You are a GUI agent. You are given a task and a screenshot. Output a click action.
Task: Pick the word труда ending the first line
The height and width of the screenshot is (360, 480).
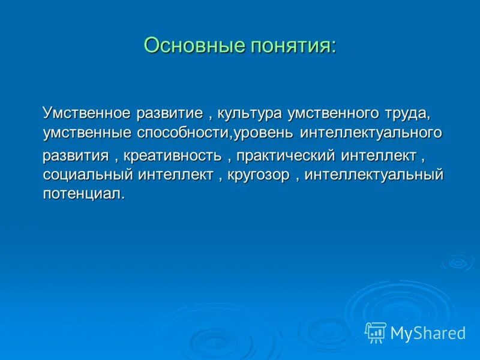(401, 113)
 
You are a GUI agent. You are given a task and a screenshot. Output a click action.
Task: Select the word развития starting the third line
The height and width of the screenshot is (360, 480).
(76, 156)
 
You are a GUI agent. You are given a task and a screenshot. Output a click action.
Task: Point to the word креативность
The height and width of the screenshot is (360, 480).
(173, 156)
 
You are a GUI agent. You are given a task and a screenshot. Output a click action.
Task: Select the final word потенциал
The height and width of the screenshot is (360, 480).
(83, 194)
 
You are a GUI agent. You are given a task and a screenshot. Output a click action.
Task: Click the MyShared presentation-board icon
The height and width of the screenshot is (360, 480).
(376, 332)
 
